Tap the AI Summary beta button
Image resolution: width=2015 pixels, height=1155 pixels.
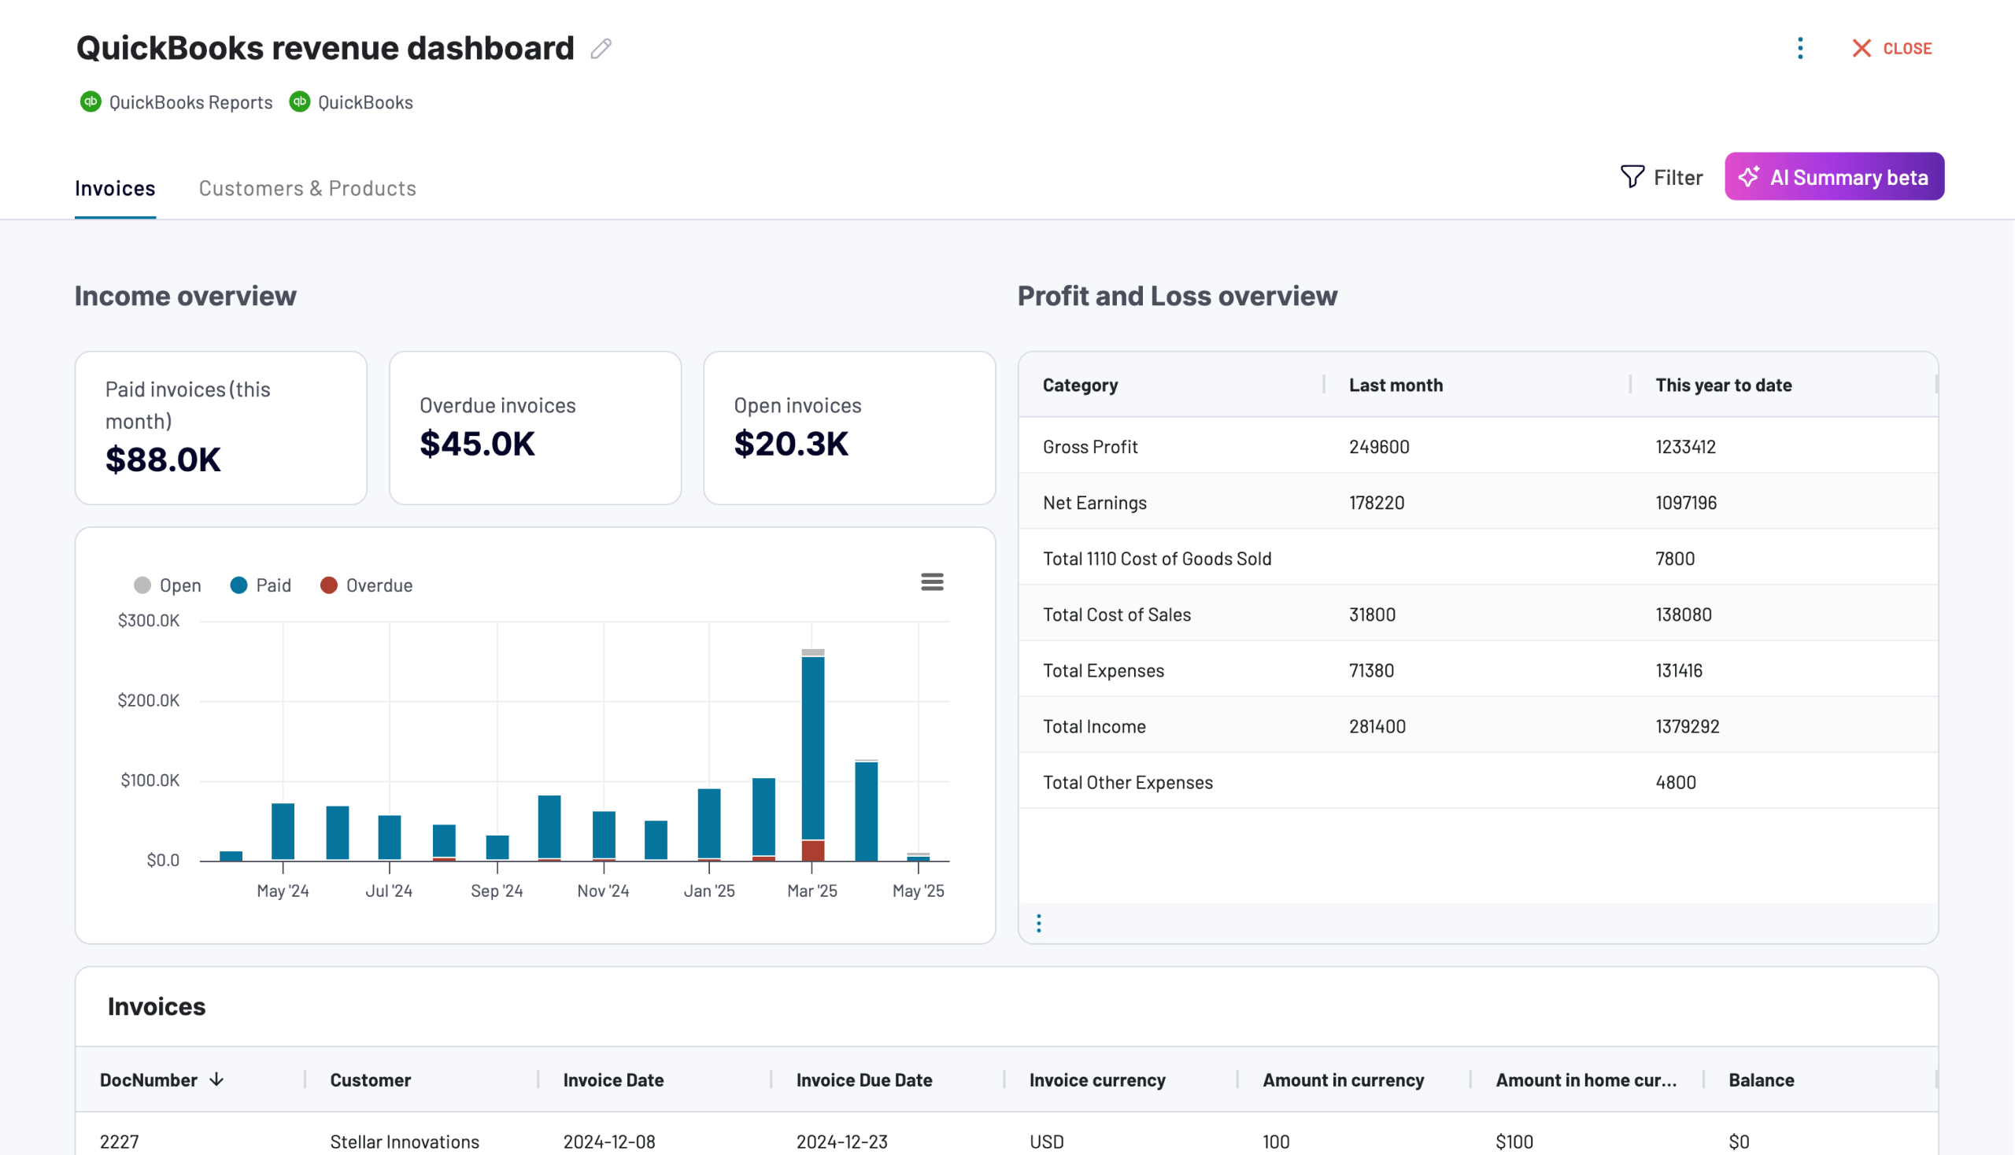pos(1833,177)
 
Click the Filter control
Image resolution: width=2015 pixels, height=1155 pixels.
pos(1661,177)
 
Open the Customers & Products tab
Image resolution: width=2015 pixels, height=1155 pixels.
pos(307,188)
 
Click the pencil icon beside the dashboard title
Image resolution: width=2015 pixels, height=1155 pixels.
pos(601,50)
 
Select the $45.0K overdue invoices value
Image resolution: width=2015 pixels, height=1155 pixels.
pos(477,444)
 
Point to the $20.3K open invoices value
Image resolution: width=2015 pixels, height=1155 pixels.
pos(790,444)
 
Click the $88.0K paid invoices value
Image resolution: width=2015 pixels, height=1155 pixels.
pos(163,459)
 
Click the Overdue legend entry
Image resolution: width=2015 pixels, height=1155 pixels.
pos(367,585)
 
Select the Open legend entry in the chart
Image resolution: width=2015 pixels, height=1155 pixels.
pos(168,585)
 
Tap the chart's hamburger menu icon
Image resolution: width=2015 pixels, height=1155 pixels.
pos(932,582)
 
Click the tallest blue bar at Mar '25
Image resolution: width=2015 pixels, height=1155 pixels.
pos(812,746)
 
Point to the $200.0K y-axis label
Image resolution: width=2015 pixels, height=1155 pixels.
pos(149,700)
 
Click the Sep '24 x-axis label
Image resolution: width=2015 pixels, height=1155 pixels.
pos(497,891)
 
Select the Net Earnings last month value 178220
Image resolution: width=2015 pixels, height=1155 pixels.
pos(1376,503)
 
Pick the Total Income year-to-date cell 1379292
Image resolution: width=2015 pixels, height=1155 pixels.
pos(1687,727)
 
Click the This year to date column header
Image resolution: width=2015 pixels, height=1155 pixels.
pos(1723,386)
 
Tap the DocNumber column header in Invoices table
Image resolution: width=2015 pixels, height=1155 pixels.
pos(149,1080)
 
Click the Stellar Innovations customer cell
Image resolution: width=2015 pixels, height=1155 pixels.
pos(404,1142)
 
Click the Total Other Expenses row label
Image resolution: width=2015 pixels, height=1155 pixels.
pos(1127,783)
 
